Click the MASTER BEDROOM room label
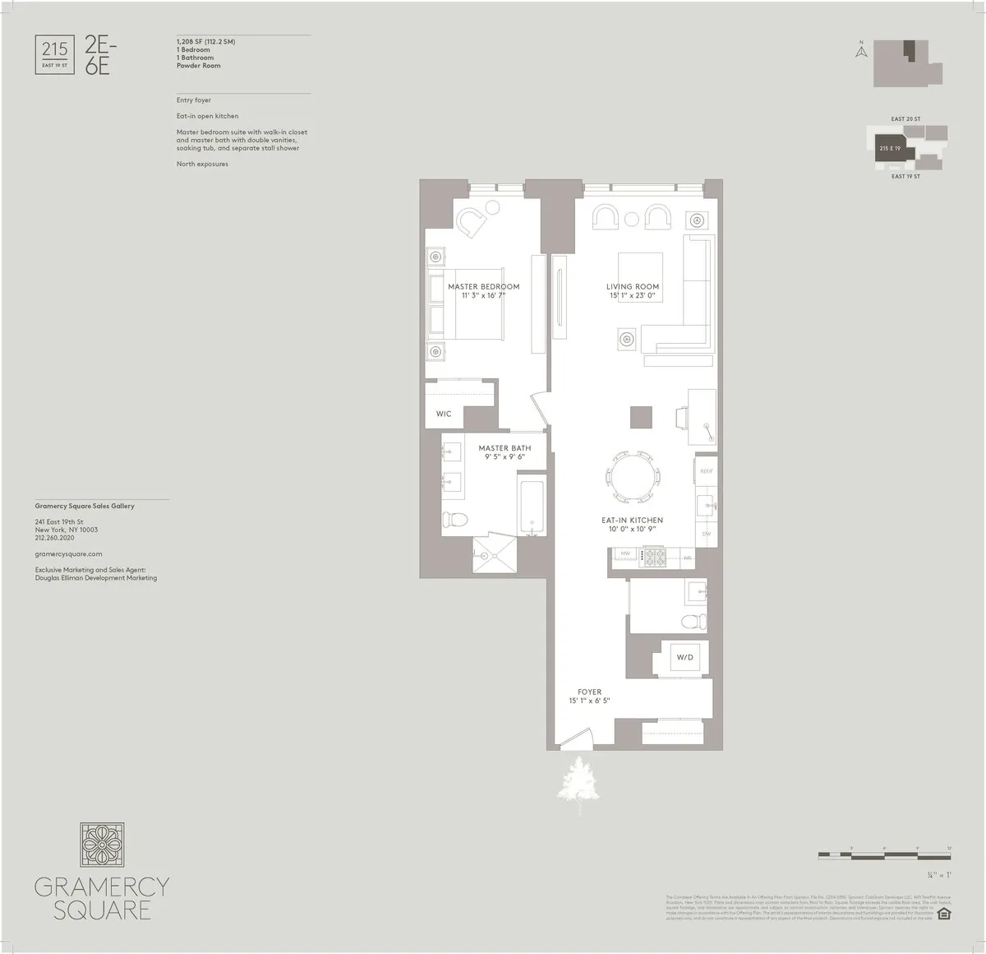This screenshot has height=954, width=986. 483,287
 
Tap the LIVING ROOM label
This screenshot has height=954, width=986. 633,287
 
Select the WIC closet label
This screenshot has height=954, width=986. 444,414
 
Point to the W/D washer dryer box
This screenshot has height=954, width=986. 684,658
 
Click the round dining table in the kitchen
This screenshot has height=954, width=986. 632,478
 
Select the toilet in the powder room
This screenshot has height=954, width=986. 695,620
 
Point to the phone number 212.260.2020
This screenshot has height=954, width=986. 54,538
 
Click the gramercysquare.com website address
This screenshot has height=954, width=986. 68,554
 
